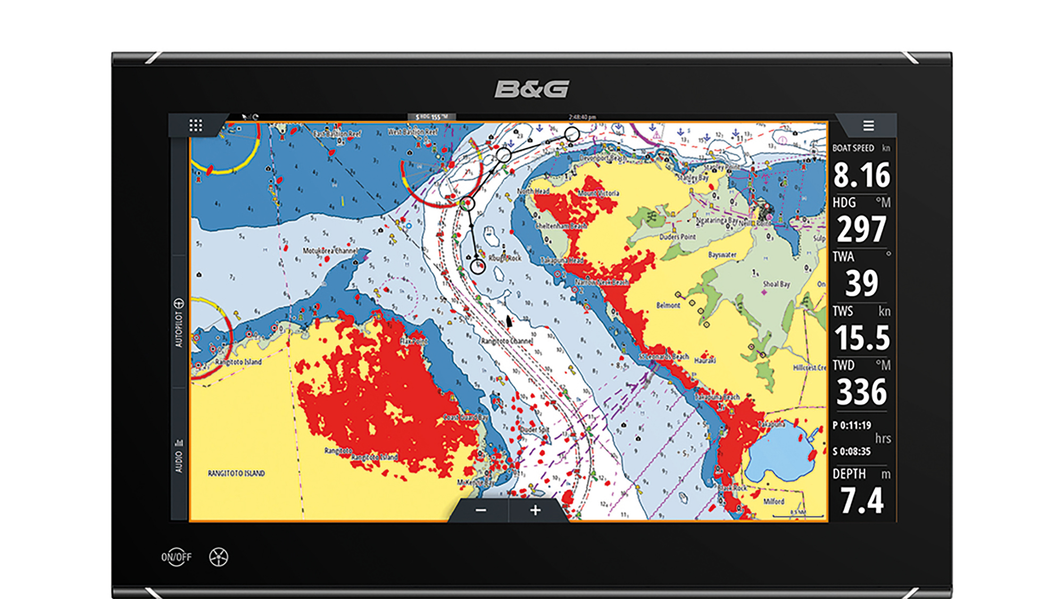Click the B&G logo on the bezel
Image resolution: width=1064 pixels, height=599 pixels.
[531, 89]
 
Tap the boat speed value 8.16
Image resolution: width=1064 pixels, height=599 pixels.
[861, 175]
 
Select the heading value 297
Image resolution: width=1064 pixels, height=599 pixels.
[861, 229]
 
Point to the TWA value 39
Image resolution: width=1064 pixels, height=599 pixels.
[861, 284]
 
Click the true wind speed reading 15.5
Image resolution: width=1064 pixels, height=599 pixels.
[861, 338]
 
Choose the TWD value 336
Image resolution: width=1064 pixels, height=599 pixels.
[861, 392]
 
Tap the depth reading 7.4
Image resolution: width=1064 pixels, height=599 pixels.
[861, 501]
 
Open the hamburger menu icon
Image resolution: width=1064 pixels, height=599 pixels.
[868, 126]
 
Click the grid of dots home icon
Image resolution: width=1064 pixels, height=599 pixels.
[196, 126]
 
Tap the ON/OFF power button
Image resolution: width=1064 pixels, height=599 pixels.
[176, 557]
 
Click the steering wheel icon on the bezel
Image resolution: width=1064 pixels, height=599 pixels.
[219, 557]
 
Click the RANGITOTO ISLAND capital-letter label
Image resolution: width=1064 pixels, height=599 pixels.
[236, 473]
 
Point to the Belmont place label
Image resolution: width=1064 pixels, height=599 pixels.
[668, 305]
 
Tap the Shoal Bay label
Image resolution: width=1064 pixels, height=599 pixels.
[776, 284]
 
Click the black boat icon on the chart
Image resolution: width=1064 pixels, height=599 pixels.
[509, 321]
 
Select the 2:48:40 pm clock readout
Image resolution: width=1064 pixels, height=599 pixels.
[582, 117]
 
